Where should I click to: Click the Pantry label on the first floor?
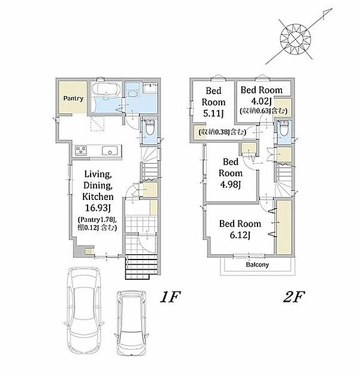pos(73,98)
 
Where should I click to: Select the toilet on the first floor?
pos(150,127)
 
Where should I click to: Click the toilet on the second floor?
pos(283,128)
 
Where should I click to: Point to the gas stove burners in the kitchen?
pos(80,151)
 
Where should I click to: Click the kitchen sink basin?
pos(110,151)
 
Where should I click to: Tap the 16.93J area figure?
pos(98,208)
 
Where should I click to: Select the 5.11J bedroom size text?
pos(213,113)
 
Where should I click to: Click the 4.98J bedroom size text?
pos(230,185)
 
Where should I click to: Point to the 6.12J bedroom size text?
pos(240,235)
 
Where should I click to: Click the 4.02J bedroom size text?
pos(261,101)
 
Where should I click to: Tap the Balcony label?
pos(257,264)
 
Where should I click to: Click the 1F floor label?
pos(170,296)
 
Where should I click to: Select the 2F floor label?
pos(294,296)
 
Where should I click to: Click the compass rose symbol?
pos(295,39)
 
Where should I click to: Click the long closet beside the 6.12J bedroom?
pos(284,227)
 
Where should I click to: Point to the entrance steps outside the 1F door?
pos(141,267)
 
